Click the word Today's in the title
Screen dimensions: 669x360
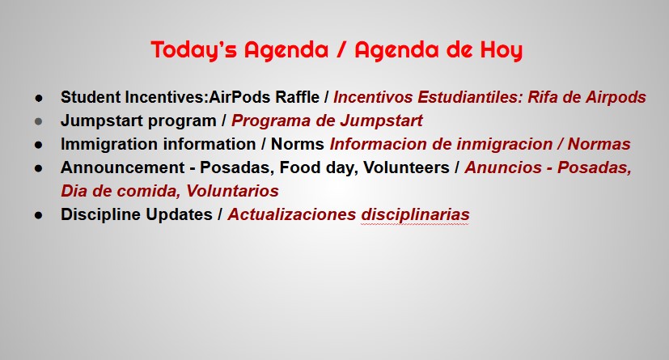point(193,50)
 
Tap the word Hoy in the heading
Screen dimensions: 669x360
point(502,51)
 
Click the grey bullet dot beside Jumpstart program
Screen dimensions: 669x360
point(38,121)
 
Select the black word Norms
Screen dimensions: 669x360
point(298,144)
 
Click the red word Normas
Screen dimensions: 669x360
point(599,144)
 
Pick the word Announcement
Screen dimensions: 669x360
point(122,167)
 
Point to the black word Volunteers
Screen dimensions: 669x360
point(406,167)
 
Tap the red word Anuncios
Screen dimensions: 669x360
point(503,167)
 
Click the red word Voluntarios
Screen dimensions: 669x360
point(232,191)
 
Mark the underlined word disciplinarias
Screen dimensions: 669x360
point(415,214)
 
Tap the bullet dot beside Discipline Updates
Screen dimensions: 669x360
point(38,215)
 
